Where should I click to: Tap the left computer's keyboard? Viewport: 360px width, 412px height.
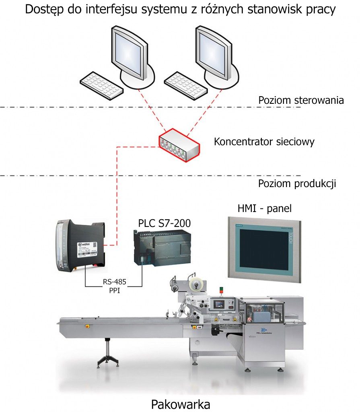102,86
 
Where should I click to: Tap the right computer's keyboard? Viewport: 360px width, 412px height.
186,86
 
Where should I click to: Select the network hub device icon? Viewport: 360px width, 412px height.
179,145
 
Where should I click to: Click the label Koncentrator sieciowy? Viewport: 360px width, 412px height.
264,142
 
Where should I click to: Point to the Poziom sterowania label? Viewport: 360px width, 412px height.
301,100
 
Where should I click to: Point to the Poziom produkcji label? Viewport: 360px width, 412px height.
297,183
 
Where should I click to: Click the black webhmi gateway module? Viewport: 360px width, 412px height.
81,246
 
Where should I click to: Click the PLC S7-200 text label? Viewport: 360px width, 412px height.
165,223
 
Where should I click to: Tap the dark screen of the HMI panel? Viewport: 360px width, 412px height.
264,249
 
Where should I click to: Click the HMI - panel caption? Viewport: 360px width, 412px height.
265,208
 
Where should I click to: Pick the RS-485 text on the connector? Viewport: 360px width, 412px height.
114,282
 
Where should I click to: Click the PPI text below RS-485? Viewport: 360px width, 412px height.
114,290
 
